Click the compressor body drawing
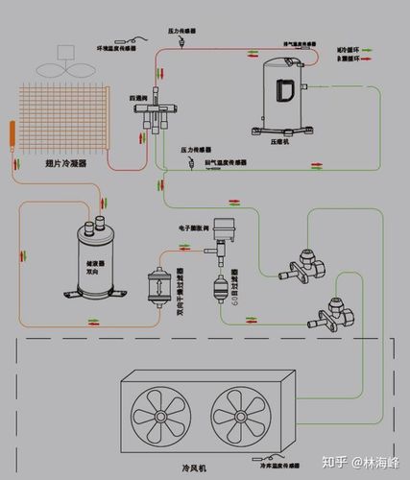(286, 86)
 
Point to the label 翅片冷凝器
(65, 165)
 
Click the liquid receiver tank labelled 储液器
(90, 259)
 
